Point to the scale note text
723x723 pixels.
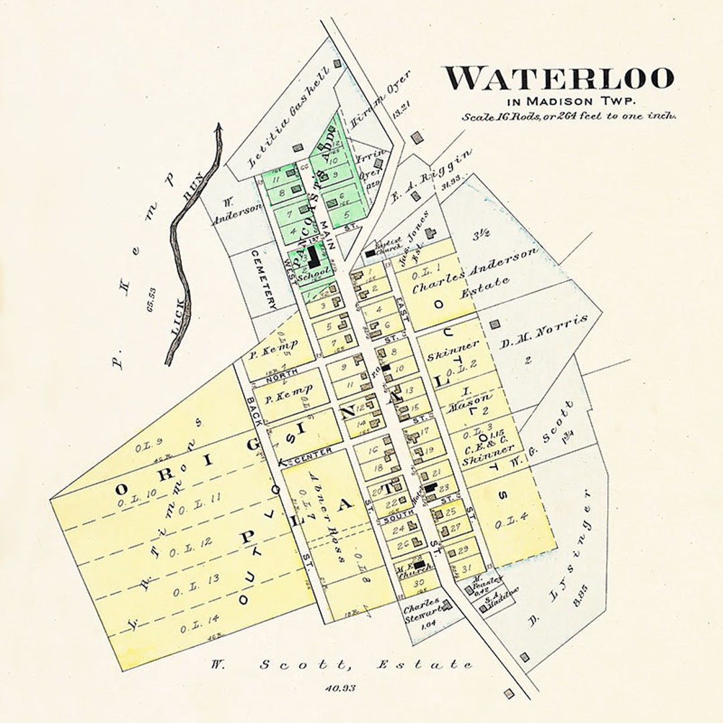point(568,116)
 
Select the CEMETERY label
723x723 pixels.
point(264,279)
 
